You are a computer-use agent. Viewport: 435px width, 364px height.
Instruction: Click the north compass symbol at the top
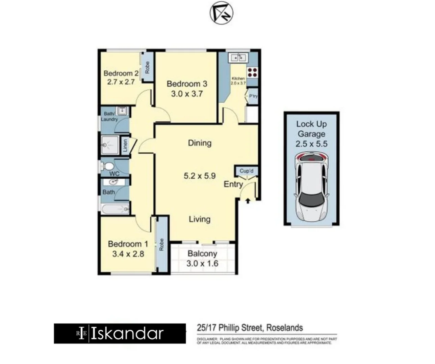click(x=221, y=13)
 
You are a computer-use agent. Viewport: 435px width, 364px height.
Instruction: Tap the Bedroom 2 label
click(x=121, y=73)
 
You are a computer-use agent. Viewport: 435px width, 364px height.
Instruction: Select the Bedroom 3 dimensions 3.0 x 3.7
click(x=186, y=94)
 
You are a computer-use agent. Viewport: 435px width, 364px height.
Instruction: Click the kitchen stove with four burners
click(x=252, y=72)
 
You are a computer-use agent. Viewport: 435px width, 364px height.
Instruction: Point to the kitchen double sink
click(x=238, y=57)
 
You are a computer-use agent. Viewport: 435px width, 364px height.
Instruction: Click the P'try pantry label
click(x=253, y=96)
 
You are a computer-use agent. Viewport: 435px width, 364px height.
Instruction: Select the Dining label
click(x=200, y=143)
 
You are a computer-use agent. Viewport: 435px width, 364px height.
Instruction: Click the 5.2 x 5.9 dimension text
click(x=200, y=176)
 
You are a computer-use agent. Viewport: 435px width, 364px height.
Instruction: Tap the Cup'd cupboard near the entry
click(x=246, y=171)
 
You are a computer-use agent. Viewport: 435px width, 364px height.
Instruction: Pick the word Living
click(x=200, y=219)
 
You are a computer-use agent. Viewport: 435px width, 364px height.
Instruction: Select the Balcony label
click(x=202, y=254)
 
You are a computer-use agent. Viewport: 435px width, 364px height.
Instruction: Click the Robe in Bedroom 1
click(x=161, y=244)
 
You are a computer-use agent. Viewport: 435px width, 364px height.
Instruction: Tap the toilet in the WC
click(x=108, y=166)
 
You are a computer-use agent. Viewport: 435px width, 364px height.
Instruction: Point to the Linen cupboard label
click(x=125, y=146)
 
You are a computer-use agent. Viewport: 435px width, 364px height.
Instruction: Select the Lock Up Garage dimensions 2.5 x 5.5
click(x=311, y=144)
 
